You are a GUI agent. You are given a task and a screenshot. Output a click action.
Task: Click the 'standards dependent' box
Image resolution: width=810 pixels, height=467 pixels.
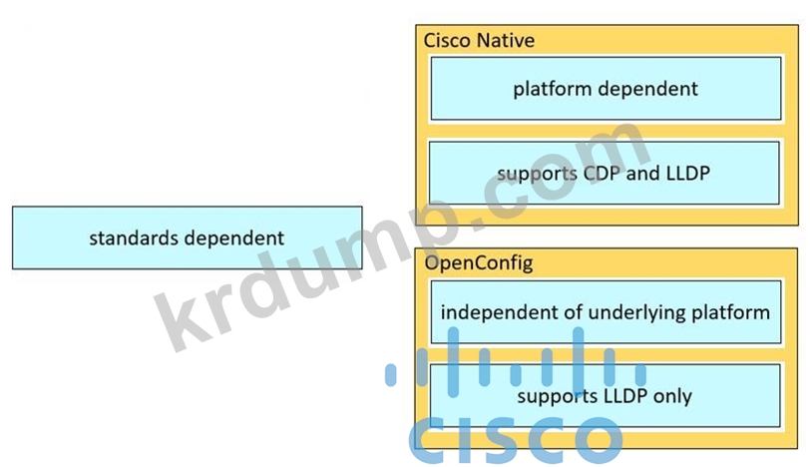click(x=187, y=237)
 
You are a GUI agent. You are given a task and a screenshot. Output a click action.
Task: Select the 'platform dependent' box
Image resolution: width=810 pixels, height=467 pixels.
click(x=606, y=89)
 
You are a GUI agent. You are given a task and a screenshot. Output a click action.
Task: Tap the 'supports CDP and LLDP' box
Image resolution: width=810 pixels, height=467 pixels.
click(x=604, y=173)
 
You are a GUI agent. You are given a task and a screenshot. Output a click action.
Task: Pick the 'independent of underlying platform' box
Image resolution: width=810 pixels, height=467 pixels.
click(x=606, y=312)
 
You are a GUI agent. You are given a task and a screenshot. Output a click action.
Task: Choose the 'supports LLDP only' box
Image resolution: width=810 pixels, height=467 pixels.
click(x=605, y=396)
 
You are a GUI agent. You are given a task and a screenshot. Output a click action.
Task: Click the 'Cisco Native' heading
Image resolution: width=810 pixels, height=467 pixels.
click(x=479, y=40)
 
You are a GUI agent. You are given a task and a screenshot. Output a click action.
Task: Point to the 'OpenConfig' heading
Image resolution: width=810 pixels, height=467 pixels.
click(x=479, y=263)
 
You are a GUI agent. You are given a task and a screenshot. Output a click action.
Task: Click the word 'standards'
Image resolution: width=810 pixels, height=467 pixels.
click(x=134, y=238)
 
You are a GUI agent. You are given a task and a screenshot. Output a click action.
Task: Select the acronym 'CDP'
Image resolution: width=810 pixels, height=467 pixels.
click(x=602, y=173)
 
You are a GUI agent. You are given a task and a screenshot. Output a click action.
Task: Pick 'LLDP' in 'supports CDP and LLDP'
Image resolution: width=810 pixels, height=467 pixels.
click(x=688, y=173)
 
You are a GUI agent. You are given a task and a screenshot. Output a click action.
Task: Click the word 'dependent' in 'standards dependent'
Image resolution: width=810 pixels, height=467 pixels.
click(x=234, y=238)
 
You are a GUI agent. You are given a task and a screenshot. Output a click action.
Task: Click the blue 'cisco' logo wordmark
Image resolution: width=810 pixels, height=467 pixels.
click(x=516, y=440)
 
